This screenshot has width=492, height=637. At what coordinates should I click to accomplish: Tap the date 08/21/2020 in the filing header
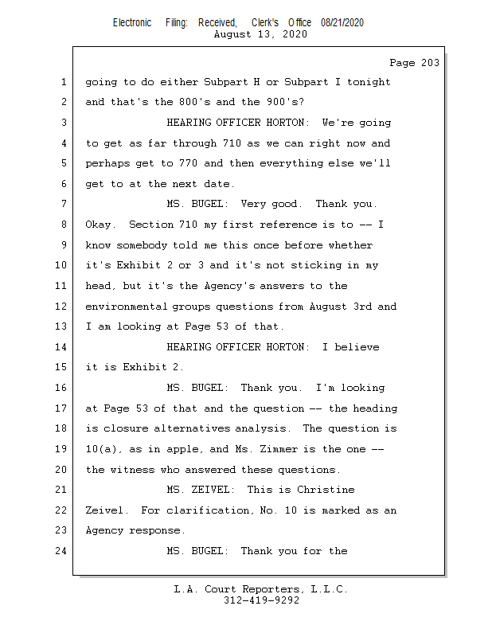coord(342,23)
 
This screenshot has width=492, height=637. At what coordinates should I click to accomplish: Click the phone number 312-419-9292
coord(261,601)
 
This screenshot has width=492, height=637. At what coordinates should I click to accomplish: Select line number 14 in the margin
coord(64,347)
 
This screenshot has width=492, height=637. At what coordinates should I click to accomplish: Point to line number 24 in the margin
coord(64,550)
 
